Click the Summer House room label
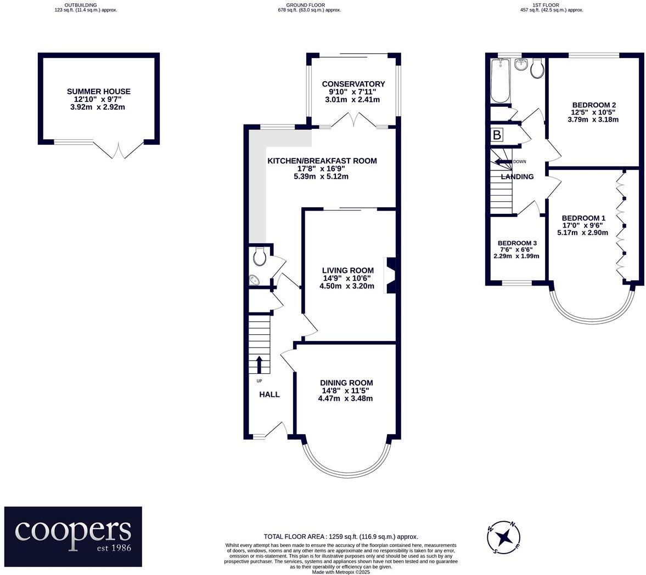(x=99, y=92)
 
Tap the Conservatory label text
(x=353, y=84)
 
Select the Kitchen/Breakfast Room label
(x=322, y=161)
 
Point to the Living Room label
(x=347, y=270)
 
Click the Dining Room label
(x=346, y=383)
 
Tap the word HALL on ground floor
(x=269, y=394)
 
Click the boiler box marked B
(x=497, y=135)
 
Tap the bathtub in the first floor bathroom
(x=500, y=82)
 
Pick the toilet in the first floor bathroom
(x=537, y=68)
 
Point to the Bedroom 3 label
(x=517, y=243)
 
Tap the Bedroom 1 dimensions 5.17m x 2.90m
(x=582, y=232)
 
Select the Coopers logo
(x=73, y=536)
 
